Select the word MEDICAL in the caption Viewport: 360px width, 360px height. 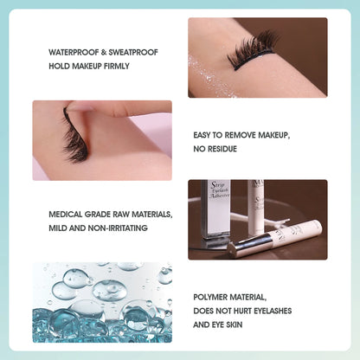click(x=67, y=215)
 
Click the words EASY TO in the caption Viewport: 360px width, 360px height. click(x=209, y=136)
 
